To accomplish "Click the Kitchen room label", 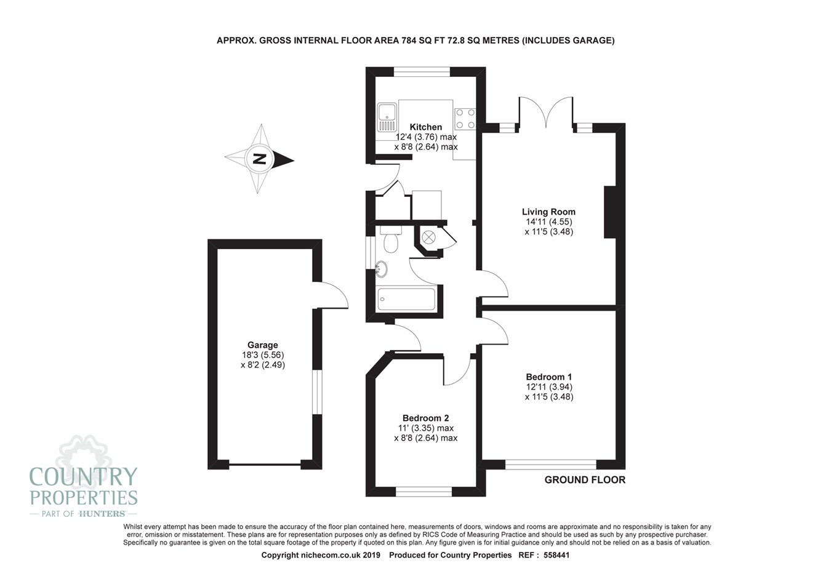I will pyautogui.click(x=426, y=127).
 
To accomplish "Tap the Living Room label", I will pyautogui.click(x=548, y=212).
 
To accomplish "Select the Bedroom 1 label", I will pyautogui.click(x=548, y=377).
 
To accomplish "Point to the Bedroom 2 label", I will pyautogui.click(x=425, y=418).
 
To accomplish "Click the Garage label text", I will pyautogui.click(x=263, y=345).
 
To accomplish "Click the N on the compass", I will pyautogui.click(x=260, y=160).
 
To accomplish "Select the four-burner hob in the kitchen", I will pyautogui.click(x=465, y=119).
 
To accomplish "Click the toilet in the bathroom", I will pyautogui.click(x=390, y=241).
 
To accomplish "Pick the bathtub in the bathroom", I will pyautogui.click(x=406, y=300).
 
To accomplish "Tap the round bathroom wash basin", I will pyautogui.click(x=382, y=269).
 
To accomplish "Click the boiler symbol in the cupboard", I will pyautogui.click(x=428, y=236).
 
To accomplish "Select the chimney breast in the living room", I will pyautogui.click(x=610, y=212).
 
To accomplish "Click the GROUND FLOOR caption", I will pyautogui.click(x=584, y=480).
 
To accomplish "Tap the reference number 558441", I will pyautogui.click(x=562, y=555).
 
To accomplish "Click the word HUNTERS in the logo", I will pyautogui.click(x=102, y=513).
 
